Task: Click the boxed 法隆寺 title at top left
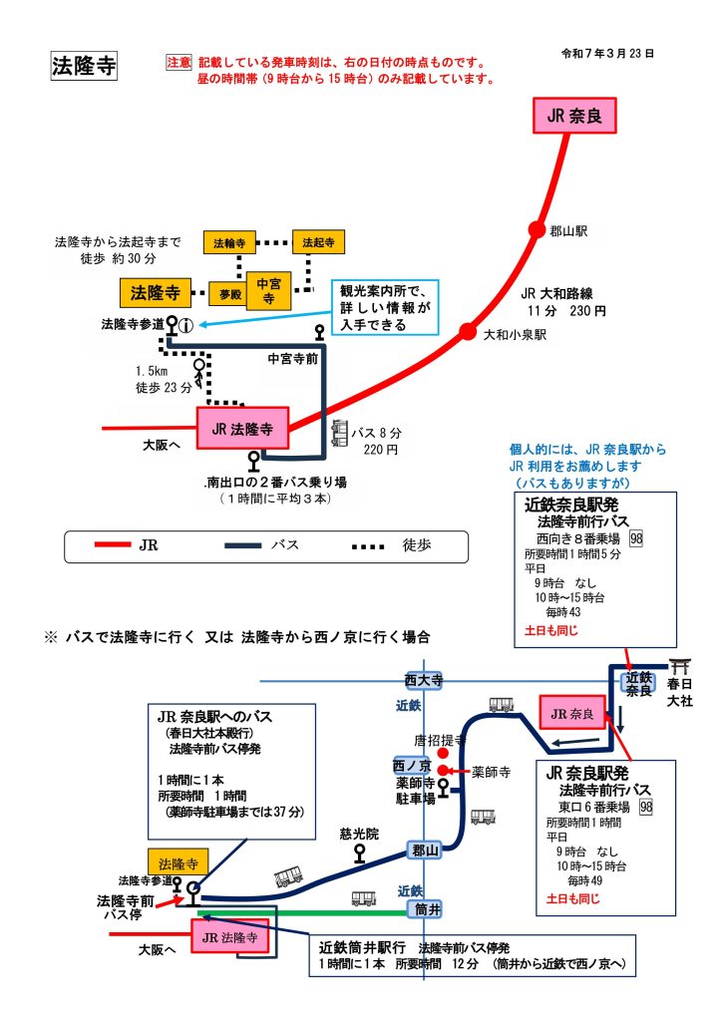point(84,66)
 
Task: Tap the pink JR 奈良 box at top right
point(574,115)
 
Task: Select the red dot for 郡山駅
point(537,229)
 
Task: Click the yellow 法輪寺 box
point(226,242)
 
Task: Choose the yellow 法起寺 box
point(316,242)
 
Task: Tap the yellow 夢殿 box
point(231,294)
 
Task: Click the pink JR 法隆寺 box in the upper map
point(242,429)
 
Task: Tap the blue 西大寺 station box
point(423,681)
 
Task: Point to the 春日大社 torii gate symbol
point(683,665)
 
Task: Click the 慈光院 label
point(359,834)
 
